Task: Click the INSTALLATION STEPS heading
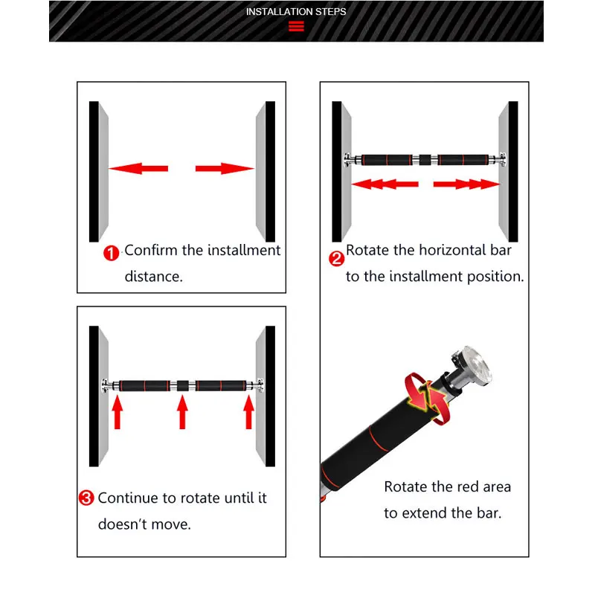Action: tap(296, 11)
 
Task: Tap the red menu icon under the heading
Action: tap(296, 28)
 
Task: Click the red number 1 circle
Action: tap(111, 253)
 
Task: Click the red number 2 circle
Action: tap(336, 259)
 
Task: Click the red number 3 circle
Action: tap(86, 498)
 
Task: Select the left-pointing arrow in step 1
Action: tap(138, 169)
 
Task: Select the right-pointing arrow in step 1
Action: tap(224, 169)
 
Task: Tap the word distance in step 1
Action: tap(152, 276)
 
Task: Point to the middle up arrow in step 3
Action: tap(182, 412)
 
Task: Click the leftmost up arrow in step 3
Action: tap(117, 412)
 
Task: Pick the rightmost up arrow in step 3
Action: tap(249, 412)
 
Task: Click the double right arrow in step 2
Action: tap(466, 184)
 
